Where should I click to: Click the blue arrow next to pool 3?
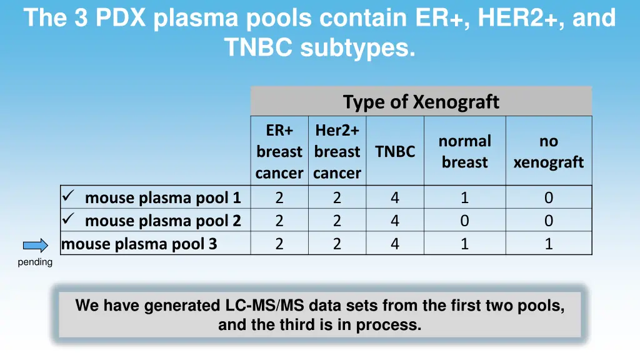click(36, 245)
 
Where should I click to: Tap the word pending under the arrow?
click(35, 262)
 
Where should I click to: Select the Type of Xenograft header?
click(421, 101)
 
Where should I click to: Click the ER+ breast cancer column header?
click(279, 151)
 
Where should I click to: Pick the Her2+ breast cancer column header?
click(337, 151)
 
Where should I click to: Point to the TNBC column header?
click(395, 151)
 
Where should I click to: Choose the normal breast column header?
click(464, 151)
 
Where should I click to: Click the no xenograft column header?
click(548, 151)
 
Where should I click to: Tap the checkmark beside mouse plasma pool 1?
click(69, 197)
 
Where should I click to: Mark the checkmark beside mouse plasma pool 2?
click(69, 219)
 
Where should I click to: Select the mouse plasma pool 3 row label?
click(139, 244)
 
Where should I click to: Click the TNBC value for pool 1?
click(395, 197)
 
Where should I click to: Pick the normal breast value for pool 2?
click(464, 221)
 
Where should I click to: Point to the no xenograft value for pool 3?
click(548, 244)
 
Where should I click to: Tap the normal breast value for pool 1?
click(464, 197)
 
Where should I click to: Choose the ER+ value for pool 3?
click(279, 244)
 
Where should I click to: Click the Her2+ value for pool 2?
click(337, 221)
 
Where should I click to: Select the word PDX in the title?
click(120, 18)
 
